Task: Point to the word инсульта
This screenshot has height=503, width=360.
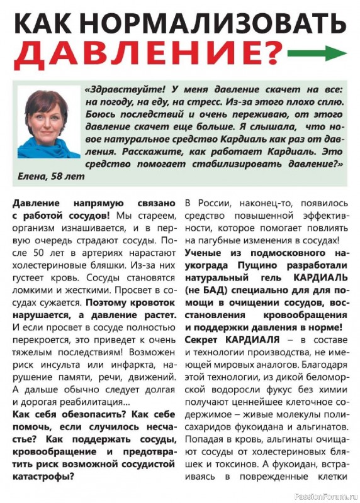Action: coord(59,366)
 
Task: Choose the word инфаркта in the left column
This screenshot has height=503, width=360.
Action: coord(123,366)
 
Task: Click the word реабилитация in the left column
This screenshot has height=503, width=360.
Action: coord(97,401)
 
